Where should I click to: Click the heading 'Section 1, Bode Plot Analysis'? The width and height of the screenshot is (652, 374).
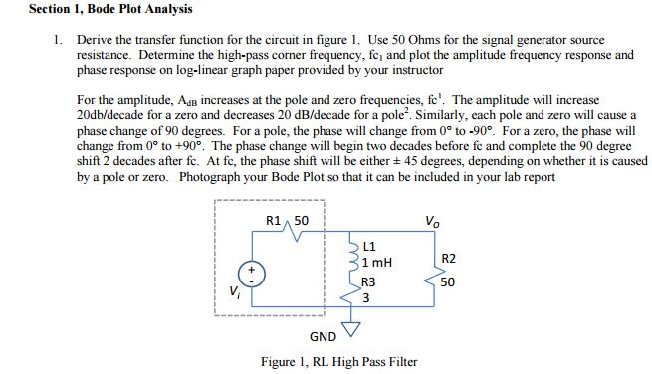97,9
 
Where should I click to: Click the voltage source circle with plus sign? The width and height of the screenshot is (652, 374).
251,273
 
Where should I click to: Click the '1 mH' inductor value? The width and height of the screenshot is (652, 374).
377,262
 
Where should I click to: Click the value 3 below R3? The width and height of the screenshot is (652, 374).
366,296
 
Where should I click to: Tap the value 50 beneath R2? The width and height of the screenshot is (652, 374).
448,282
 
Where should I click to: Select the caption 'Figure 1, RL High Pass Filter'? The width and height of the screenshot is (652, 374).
338,361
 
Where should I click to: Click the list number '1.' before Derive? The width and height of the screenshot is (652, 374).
58,41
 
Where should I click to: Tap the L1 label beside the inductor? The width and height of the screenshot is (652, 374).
370,246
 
